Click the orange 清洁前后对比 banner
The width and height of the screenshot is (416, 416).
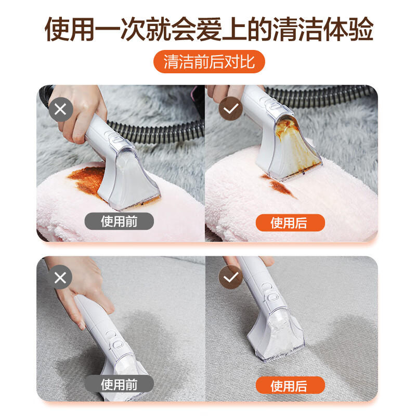209,62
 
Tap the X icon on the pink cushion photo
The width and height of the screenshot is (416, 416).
60,110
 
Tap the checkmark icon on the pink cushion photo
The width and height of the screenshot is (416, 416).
229,110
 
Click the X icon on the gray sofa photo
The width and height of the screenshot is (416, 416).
60,278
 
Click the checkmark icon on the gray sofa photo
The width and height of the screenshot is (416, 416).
229,278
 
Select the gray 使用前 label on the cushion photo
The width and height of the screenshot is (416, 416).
120,222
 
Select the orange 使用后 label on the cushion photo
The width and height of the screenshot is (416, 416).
290,223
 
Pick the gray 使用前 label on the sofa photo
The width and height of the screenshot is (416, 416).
120,385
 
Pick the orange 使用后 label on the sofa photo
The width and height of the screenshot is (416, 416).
290,386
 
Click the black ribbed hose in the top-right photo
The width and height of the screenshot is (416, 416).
333,97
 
